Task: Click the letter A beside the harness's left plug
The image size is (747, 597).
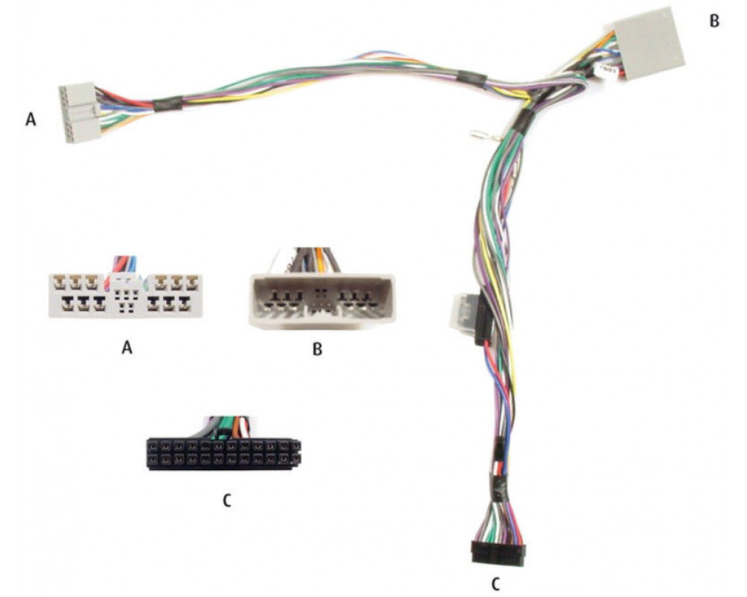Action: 31,119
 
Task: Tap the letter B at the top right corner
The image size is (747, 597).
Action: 714,22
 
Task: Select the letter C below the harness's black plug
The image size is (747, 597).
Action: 496,584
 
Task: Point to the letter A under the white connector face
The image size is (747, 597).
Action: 127,348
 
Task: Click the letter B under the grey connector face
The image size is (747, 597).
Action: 317,349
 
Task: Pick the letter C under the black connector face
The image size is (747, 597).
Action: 227,500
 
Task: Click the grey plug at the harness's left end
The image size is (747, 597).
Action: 79,113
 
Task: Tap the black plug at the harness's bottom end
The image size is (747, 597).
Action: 498,553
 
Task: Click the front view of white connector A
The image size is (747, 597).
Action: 125,296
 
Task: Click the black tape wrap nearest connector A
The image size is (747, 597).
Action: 167,103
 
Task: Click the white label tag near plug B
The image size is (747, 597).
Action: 608,71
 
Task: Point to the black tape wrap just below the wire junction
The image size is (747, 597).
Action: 523,119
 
